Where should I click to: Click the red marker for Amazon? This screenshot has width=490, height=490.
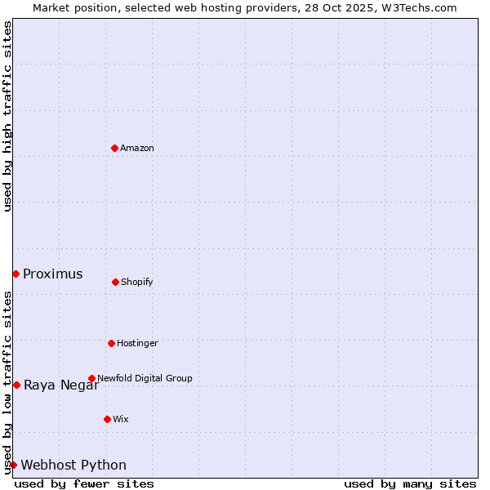(114, 148)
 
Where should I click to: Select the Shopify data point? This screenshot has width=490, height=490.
(115, 282)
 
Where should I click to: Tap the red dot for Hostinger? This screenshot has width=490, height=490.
(111, 343)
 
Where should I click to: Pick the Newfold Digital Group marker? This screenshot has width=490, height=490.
(91, 378)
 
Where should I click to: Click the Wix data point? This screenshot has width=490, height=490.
(107, 419)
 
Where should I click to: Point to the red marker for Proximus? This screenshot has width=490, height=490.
(16, 274)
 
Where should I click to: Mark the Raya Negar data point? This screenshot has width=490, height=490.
(16, 385)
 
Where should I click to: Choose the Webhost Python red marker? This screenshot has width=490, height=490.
(13, 465)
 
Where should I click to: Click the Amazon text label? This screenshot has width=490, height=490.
(137, 148)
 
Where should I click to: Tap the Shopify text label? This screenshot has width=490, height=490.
(137, 282)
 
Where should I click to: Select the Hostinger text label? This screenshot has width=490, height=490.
(137, 343)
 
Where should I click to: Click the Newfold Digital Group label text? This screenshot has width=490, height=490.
(145, 378)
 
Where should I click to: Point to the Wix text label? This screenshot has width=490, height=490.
(121, 419)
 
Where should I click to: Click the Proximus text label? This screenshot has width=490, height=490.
(53, 274)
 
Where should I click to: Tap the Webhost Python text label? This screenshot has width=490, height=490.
(73, 465)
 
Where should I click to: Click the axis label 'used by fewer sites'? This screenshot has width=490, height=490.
(84, 483)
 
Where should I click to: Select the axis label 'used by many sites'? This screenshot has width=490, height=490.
(410, 483)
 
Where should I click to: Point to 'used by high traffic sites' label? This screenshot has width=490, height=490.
(7, 116)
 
